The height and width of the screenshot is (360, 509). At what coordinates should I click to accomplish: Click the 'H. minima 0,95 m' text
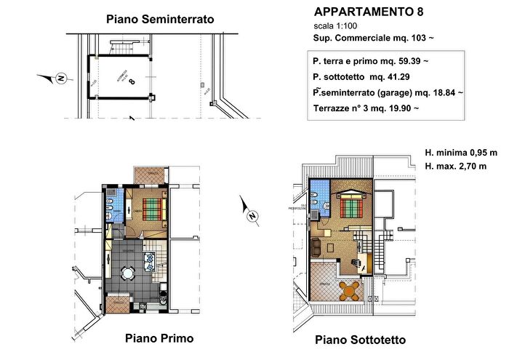point(461,153)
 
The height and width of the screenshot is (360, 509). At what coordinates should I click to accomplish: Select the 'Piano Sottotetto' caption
point(360,340)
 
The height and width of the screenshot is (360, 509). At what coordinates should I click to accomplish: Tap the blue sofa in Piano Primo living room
point(150,259)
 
